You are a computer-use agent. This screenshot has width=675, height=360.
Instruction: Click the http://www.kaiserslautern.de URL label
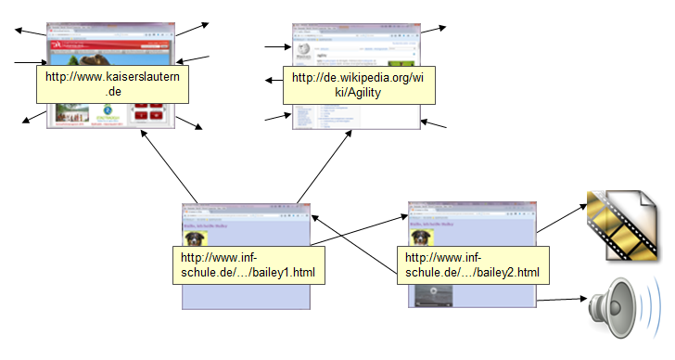(x=113, y=84)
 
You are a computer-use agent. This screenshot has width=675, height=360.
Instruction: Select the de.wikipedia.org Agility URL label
(x=357, y=84)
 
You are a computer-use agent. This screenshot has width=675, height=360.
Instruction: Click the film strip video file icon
(x=620, y=225)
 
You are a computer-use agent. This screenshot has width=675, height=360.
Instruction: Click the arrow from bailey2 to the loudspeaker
(x=562, y=300)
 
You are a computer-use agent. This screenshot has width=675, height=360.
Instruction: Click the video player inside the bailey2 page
(x=434, y=295)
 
